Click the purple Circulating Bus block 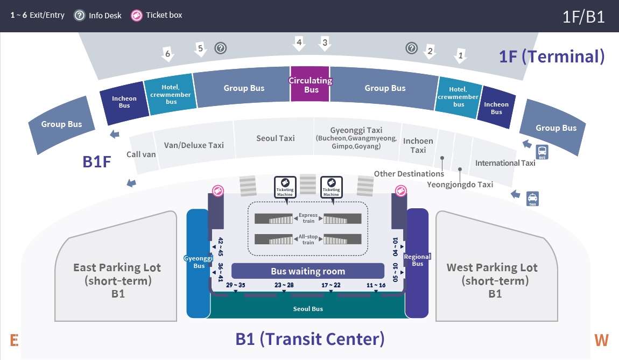(310, 84)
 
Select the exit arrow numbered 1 (460, 55)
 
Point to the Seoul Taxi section (275, 138)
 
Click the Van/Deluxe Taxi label (194, 145)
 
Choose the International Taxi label (505, 163)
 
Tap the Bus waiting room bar (308, 271)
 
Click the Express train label (308, 218)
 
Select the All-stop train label (308, 239)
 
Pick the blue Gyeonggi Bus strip (198, 263)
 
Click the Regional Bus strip (417, 260)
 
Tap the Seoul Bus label (308, 309)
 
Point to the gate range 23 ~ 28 (284, 285)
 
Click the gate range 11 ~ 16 (376, 285)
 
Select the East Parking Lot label (117, 267)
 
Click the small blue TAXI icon (532, 199)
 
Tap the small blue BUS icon (542, 152)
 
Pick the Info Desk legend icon (80, 16)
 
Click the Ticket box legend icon (137, 16)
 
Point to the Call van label (141, 154)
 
